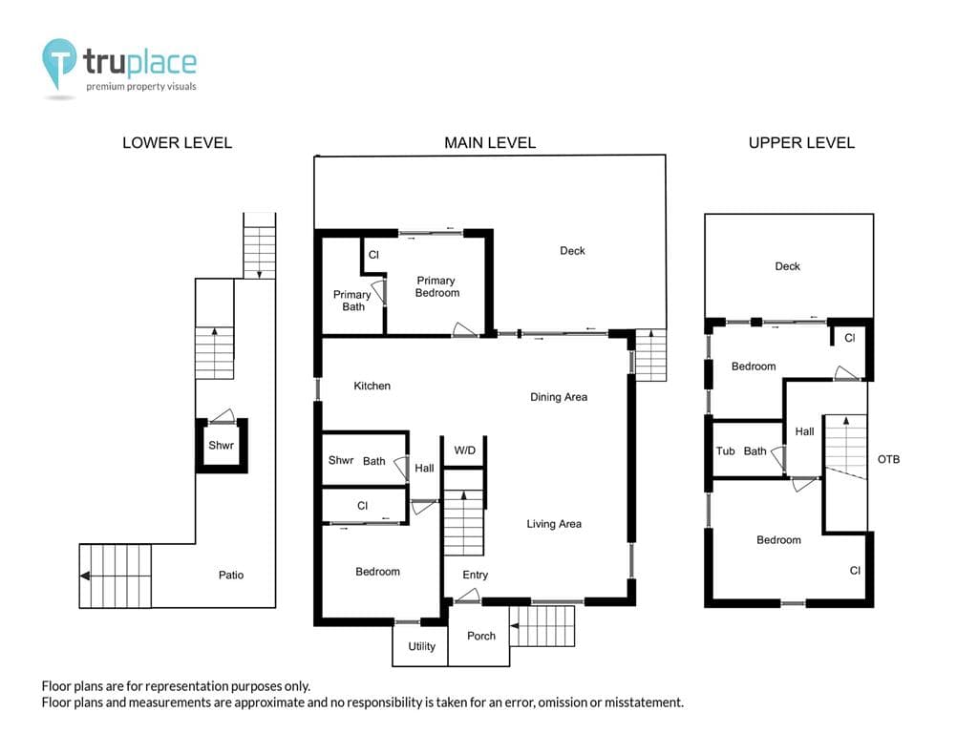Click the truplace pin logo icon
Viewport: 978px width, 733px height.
(x=58, y=63)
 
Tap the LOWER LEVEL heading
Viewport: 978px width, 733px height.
(x=177, y=143)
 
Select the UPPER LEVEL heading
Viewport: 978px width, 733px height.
(x=801, y=143)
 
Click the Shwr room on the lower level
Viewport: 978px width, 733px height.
(x=222, y=446)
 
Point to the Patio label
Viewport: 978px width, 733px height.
(x=231, y=575)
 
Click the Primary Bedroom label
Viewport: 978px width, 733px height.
(x=436, y=286)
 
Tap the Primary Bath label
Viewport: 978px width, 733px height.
(x=352, y=301)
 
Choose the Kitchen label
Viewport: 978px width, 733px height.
(x=372, y=386)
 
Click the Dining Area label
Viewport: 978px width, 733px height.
(x=558, y=397)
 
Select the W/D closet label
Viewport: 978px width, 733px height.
(x=464, y=450)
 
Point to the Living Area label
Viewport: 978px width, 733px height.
(x=554, y=524)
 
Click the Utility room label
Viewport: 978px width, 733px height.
(x=421, y=646)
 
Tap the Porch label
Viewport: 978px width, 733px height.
(x=481, y=636)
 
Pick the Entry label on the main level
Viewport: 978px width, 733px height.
(x=476, y=575)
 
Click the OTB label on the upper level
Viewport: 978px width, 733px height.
(x=888, y=459)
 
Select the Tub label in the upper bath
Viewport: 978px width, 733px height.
(x=726, y=450)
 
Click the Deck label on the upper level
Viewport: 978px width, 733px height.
(x=787, y=266)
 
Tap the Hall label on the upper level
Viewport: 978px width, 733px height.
(x=804, y=431)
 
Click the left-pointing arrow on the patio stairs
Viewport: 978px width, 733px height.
(x=85, y=576)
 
